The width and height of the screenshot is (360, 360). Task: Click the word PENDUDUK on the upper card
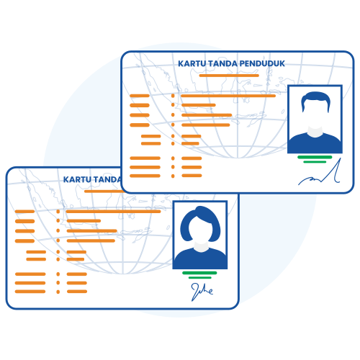[x=262, y=63]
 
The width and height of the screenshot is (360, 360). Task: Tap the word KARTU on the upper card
[x=192, y=63]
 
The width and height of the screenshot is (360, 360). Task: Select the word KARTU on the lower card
[x=77, y=179]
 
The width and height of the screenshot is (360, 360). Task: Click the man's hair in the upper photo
[x=315, y=99]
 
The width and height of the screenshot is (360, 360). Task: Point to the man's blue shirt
[x=315, y=143]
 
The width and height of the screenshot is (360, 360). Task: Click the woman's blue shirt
[x=200, y=258]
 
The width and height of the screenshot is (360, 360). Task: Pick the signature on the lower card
[x=202, y=292]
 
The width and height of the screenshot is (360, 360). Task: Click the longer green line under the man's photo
[x=315, y=157]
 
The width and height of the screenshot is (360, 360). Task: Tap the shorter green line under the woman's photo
[x=200, y=278]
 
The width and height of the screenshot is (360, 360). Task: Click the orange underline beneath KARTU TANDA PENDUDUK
[x=229, y=76]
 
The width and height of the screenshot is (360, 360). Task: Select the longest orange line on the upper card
[x=228, y=96]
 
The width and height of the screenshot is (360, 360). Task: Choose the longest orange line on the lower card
[x=113, y=212]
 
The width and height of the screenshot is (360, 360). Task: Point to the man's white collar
[x=315, y=132]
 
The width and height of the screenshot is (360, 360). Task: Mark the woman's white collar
[x=201, y=247]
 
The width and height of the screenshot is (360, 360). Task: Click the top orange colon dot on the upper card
[x=173, y=96]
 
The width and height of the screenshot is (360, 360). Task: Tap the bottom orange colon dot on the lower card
[x=58, y=292]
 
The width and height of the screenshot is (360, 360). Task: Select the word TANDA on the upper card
[x=222, y=63]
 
